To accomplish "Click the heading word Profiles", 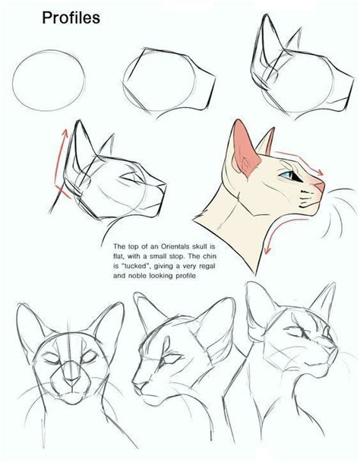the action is [71, 18].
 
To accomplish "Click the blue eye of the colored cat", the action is [288, 175].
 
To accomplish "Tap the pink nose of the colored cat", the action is [320, 186].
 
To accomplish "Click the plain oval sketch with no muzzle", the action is [49, 81].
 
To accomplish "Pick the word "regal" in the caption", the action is [207, 267].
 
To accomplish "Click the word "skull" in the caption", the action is [200, 246].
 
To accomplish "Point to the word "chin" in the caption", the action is [210, 256].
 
